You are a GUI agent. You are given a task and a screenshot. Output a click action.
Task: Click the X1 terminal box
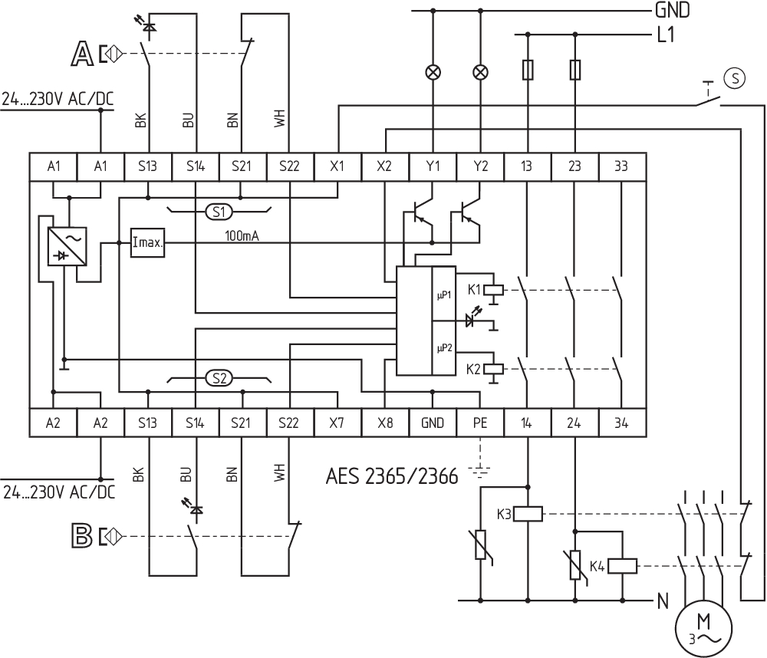tap(337, 167)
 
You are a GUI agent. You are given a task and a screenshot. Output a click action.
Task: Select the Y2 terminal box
tap(480, 167)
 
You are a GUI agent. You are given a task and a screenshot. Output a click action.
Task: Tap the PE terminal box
tap(480, 423)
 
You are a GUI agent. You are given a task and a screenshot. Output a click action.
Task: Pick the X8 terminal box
tap(385, 423)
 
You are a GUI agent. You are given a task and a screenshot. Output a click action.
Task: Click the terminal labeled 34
tap(622, 423)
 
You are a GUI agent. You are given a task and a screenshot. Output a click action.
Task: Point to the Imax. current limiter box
tap(148, 242)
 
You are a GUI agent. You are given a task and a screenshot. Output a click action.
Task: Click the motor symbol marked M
tap(703, 628)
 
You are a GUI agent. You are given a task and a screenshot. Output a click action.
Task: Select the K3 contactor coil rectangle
tap(528, 514)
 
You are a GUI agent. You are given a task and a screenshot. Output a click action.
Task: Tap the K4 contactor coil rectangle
tap(622, 566)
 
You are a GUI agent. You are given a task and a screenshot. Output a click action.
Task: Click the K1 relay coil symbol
tap(493, 290)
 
